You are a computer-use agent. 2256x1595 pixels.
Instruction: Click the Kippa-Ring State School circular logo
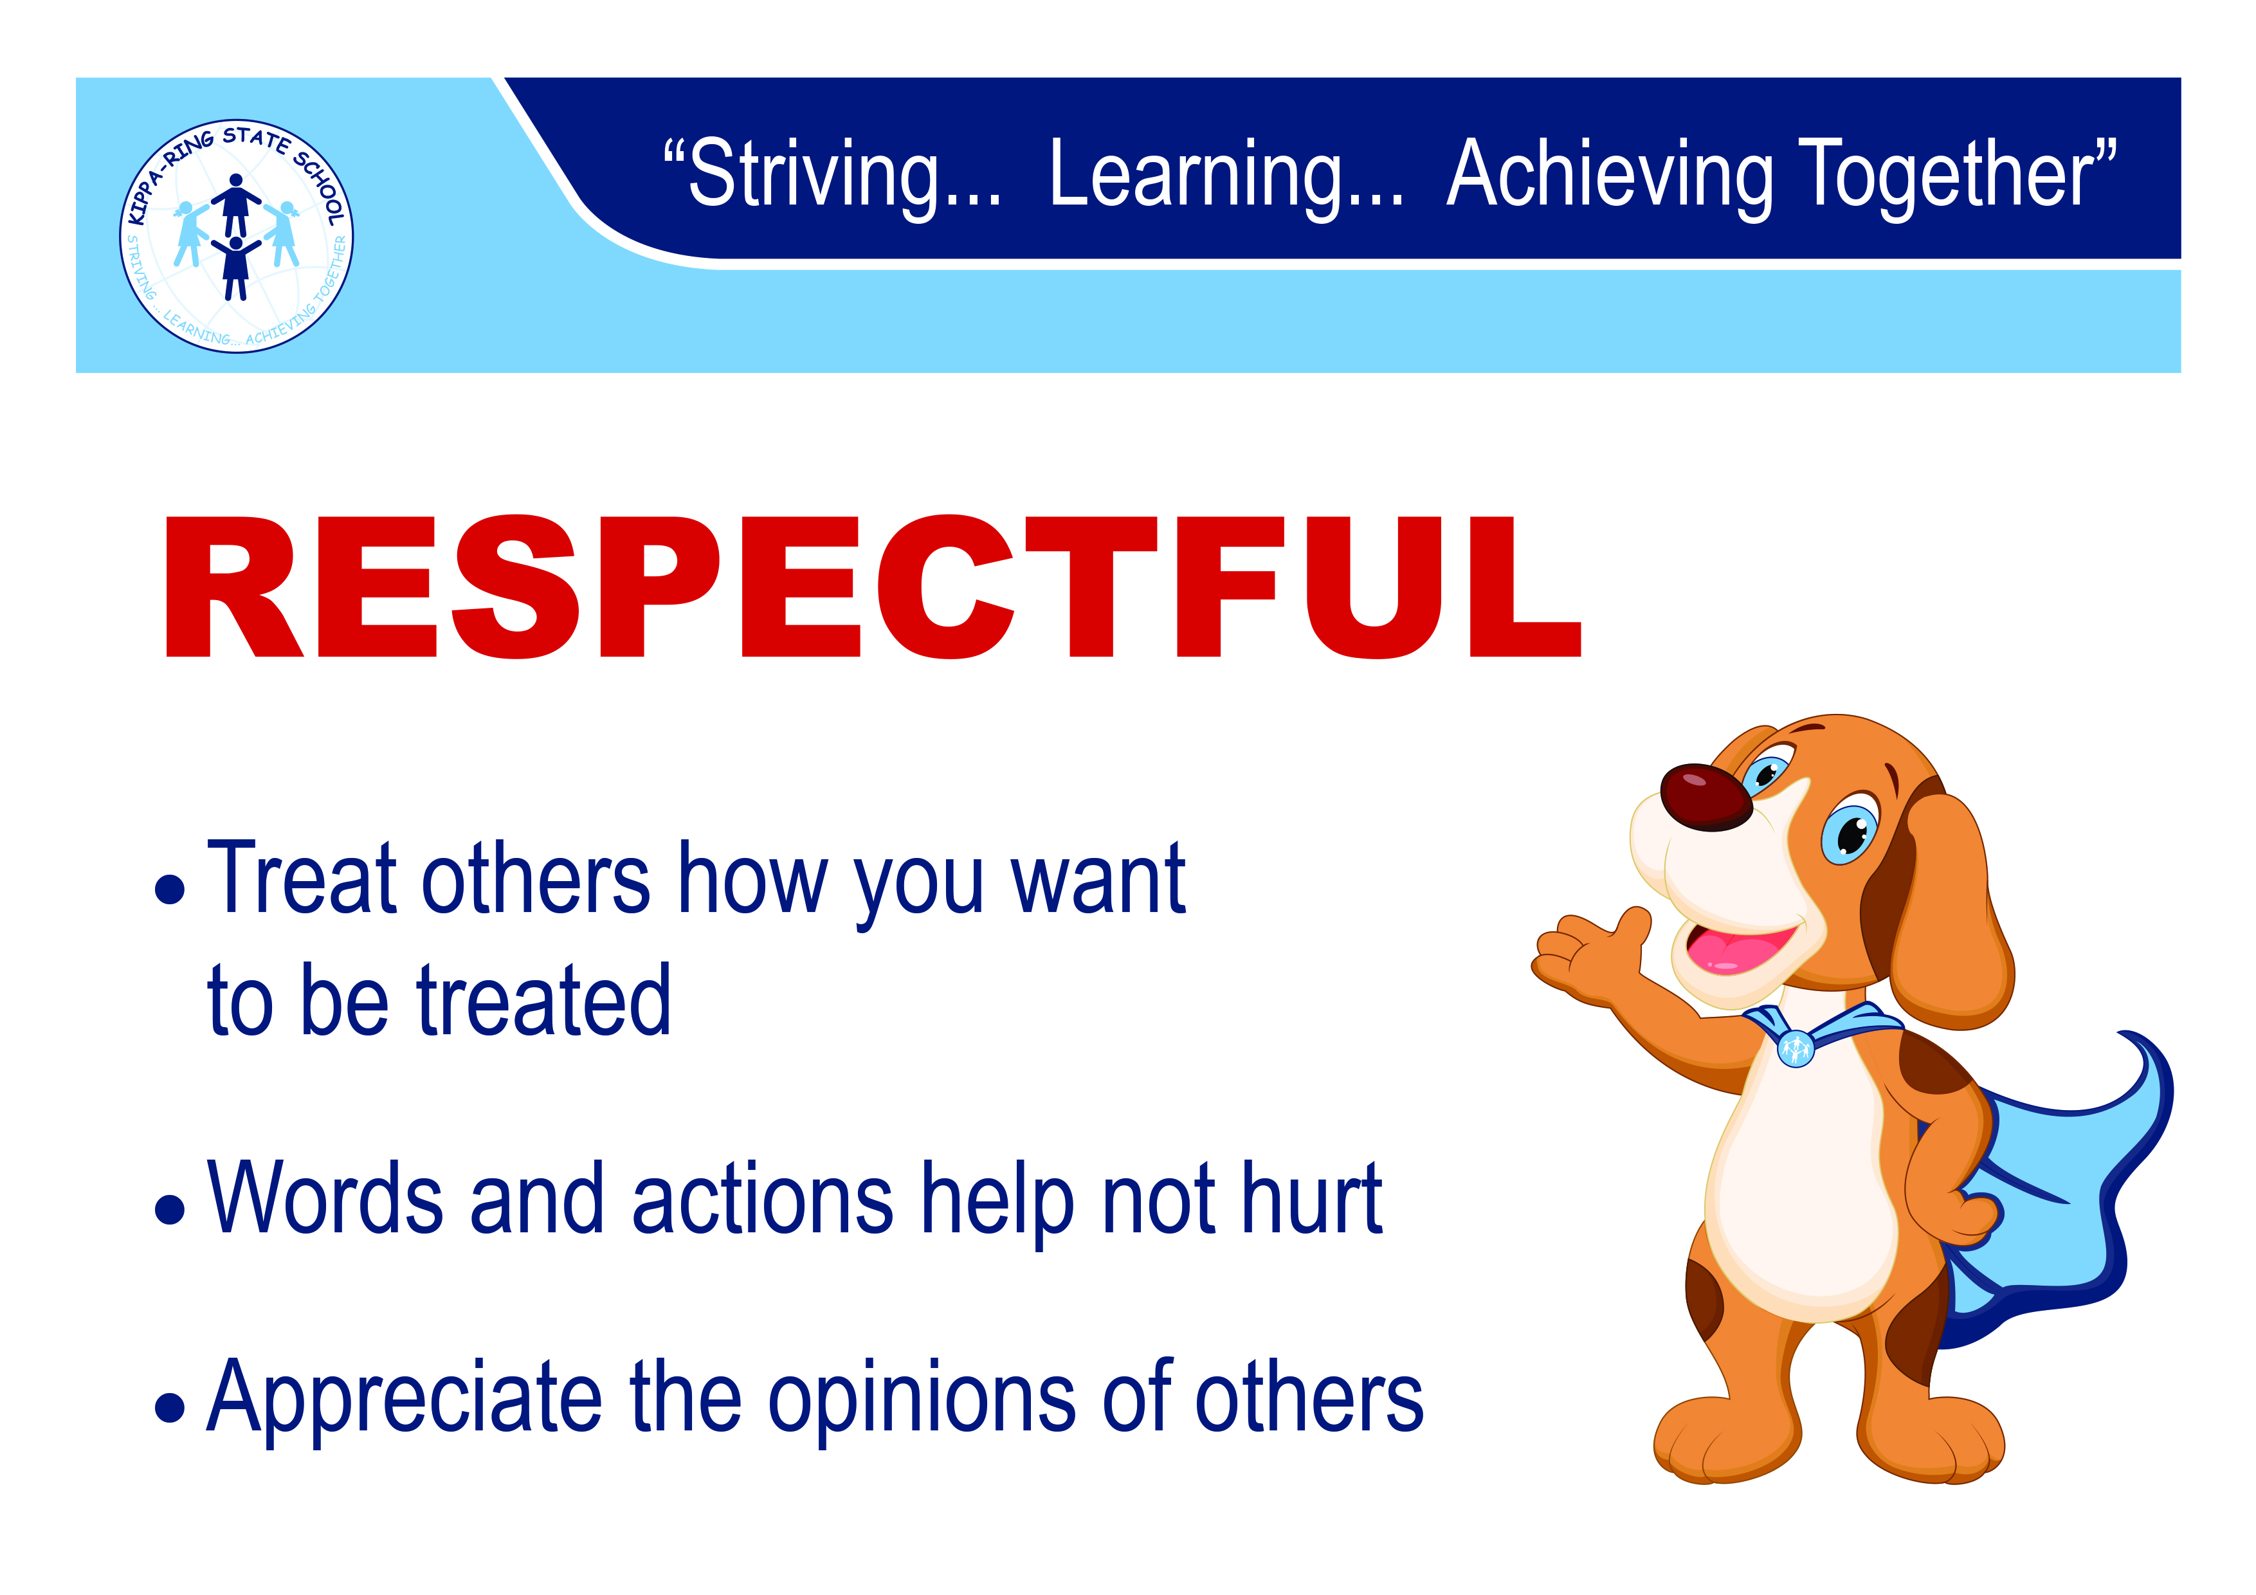236,236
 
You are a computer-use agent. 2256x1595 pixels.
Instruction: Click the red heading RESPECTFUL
873,587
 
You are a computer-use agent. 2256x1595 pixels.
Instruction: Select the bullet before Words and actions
170,1208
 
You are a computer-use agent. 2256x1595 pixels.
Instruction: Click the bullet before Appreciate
170,1407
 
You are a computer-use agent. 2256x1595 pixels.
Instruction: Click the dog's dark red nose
1706,797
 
